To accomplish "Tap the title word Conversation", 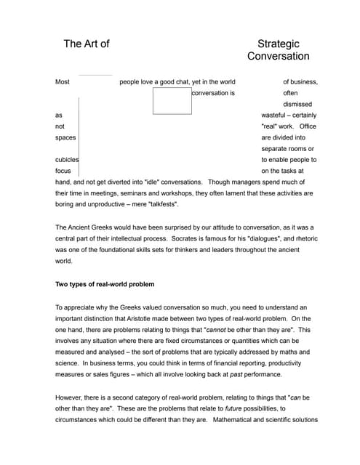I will (278, 57).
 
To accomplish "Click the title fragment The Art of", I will (87, 44).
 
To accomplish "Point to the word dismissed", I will (297, 105).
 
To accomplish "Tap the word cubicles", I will (67, 159).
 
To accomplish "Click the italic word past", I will (236, 373).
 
